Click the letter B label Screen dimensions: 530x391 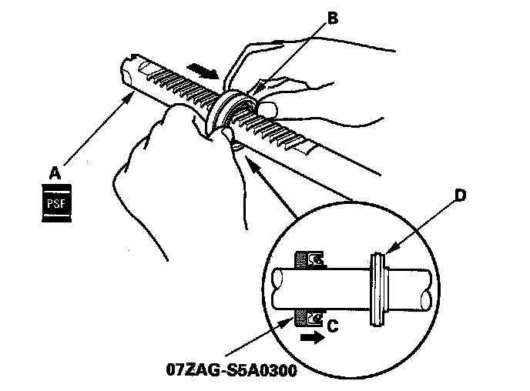click(333, 21)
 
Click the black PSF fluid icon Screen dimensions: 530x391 click(55, 204)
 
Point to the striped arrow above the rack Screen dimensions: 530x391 click(204, 72)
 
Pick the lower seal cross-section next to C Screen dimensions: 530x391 click(308, 317)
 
